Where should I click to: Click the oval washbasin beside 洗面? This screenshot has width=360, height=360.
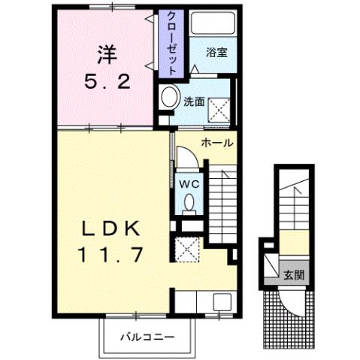170,98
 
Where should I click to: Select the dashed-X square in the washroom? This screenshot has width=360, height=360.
220,110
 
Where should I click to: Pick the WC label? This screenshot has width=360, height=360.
188,182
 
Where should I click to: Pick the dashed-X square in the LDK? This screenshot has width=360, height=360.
185,248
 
